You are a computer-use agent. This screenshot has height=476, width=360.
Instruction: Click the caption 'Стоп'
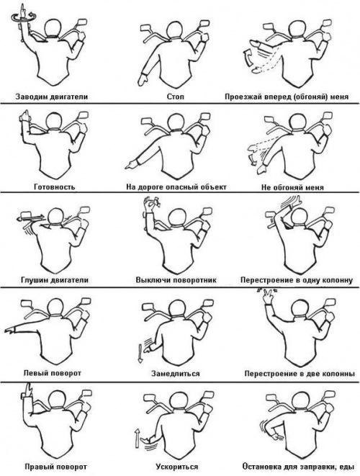[x=175, y=96]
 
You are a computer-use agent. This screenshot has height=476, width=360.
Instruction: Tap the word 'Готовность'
[x=54, y=187]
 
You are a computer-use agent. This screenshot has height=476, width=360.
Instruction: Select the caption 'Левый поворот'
[x=53, y=373]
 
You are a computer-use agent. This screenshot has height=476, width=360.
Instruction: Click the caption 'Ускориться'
[x=177, y=467]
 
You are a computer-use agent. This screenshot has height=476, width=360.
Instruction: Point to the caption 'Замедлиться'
[x=176, y=373]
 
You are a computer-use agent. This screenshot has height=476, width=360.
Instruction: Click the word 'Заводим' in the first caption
[x=30, y=96]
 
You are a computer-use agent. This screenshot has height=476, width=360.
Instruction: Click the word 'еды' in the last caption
[x=347, y=467]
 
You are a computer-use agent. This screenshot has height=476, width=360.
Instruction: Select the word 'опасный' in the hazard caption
[x=182, y=187]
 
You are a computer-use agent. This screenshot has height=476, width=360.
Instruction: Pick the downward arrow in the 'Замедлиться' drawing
[x=140, y=353]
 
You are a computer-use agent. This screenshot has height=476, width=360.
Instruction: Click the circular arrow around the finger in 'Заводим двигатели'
[x=23, y=17]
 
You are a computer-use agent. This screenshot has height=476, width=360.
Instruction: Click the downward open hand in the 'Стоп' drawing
[x=143, y=79]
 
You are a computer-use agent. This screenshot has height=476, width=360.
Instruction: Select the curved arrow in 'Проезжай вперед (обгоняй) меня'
[x=248, y=58]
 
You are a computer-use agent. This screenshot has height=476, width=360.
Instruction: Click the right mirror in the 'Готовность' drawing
[x=84, y=114]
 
